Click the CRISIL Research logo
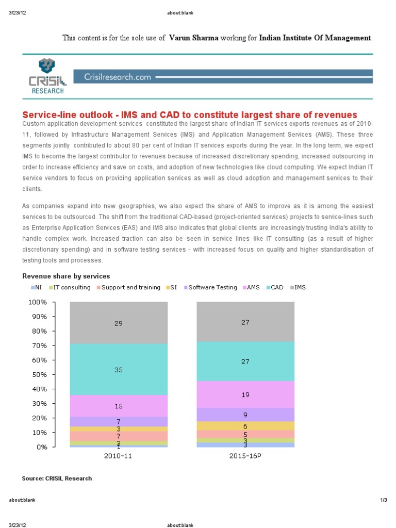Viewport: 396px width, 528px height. [46, 76]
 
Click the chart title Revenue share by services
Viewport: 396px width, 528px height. [65, 276]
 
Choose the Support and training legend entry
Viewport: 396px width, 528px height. [128, 287]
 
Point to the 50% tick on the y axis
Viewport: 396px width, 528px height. [40, 374]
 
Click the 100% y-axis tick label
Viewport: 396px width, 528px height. [38, 302]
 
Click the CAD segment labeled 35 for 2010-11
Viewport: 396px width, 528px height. [119, 370]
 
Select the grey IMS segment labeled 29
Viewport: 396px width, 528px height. [119, 323]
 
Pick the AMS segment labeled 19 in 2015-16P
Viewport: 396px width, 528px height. [245, 394]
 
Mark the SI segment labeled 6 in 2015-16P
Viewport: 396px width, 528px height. [245, 426]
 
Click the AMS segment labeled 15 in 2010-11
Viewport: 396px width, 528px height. [119, 406]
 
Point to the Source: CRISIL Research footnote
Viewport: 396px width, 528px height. [57, 478]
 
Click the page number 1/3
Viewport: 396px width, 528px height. [383, 500]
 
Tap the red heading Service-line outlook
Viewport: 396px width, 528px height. [189, 114]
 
